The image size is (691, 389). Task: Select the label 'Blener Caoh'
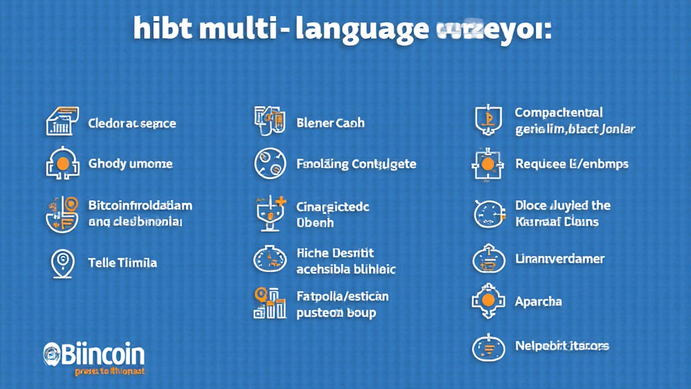[331, 123]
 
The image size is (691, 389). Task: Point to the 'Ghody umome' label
[130, 164]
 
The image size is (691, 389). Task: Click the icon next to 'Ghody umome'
[61, 163]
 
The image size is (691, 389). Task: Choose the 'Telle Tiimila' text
[122, 263]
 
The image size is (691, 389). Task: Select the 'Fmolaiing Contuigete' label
[356, 164]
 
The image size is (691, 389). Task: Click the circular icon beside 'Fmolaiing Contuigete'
[270, 164]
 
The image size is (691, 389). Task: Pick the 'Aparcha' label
[538, 301]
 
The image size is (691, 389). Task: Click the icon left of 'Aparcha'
[488, 302]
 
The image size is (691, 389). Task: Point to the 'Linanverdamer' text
[559, 259]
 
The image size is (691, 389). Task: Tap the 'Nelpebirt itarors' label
[562, 346]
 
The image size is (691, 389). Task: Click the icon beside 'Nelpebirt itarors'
[489, 347]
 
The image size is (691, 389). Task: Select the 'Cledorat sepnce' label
[132, 124]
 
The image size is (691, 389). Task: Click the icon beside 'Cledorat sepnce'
[61, 122]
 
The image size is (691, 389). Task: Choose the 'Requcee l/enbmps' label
[572, 164]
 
